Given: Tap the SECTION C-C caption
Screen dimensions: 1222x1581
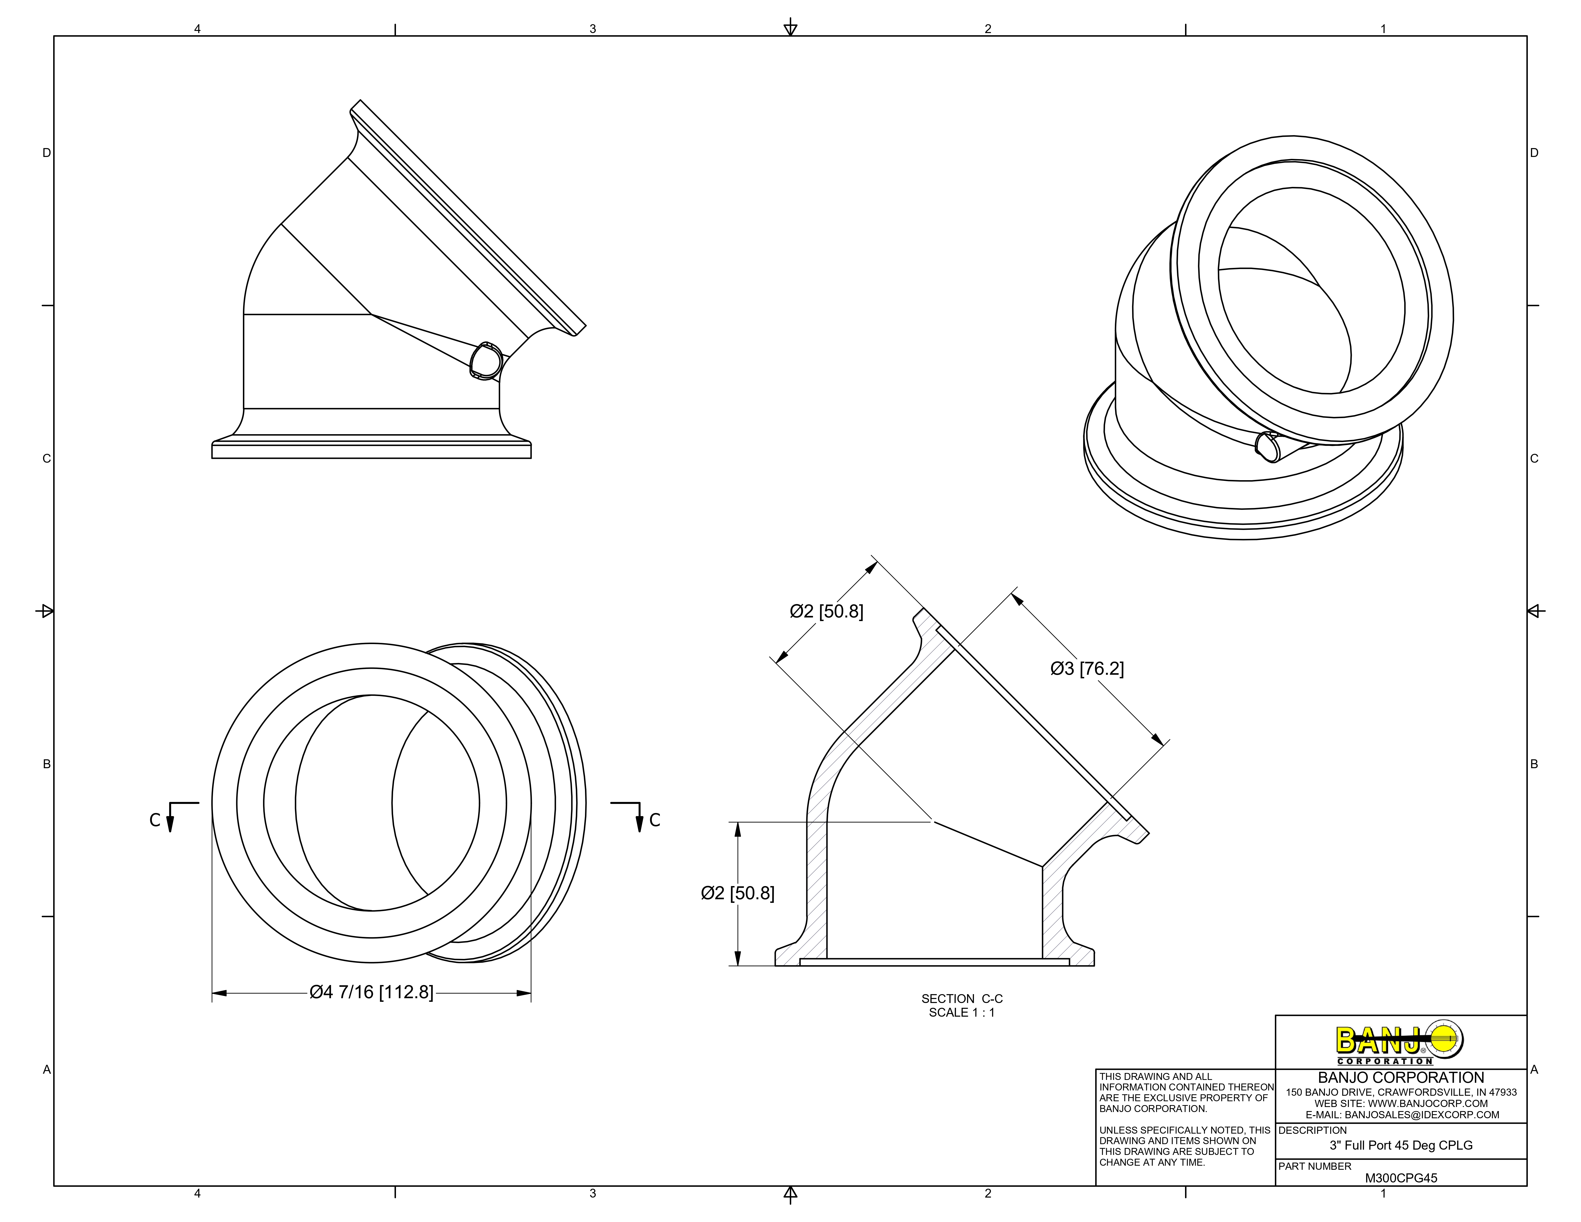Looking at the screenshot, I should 961,998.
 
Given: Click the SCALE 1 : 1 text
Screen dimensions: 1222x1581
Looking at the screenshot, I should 961,1012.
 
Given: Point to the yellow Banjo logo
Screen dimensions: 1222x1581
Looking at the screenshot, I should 1399,1043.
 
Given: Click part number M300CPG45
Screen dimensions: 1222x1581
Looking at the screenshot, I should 1401,1178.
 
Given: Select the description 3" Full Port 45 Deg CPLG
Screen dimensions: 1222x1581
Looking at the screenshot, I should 1401,1145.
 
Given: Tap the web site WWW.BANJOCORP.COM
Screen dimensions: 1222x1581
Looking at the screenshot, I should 1401,1103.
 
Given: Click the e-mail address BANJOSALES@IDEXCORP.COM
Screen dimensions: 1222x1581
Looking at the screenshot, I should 1401,1115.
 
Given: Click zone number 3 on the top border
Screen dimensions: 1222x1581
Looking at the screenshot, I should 592,29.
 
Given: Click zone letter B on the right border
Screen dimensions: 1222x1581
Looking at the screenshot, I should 1534,764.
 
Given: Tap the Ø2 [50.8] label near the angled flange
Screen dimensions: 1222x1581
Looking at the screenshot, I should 826,612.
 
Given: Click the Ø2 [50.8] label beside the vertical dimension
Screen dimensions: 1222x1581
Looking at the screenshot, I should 737,893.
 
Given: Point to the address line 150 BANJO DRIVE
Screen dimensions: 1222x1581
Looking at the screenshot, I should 1401,1092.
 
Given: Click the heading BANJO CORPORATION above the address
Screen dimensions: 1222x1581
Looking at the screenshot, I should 1401,1077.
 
